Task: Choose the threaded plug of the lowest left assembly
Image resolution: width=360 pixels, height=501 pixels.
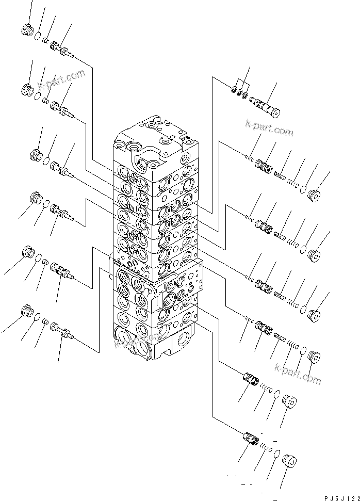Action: (x=27, y=312)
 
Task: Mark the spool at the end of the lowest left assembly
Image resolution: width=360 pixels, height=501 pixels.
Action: (x=62, y=332)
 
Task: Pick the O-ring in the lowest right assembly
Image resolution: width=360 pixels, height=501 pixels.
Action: (x=277, y=454)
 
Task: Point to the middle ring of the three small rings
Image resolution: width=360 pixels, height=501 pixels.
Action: (x=240, y=92)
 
